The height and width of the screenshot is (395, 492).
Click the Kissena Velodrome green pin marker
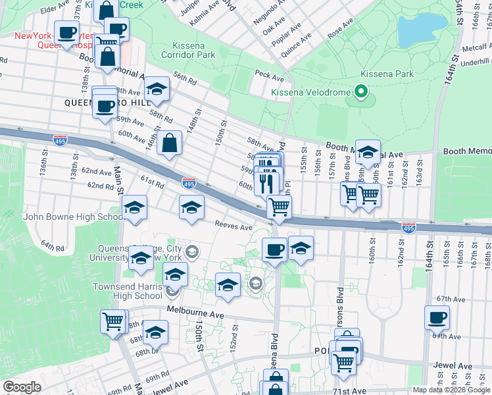tap(360, 92)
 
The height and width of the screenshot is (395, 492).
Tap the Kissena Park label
tap(387, 74)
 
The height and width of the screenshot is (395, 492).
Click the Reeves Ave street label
tap(234, 227)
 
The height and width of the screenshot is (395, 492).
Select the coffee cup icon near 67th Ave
tap(437, 319)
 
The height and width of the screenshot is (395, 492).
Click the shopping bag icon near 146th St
tap(169, 143)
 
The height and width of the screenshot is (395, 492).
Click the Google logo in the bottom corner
tap(22, 387)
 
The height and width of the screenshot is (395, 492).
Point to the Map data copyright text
tap(451, 390)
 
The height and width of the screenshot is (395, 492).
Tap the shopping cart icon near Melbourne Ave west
tap(113, 322)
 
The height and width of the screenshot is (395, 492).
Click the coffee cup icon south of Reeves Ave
tap(274, 250)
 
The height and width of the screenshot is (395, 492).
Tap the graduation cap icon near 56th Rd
tap(157, 90)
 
